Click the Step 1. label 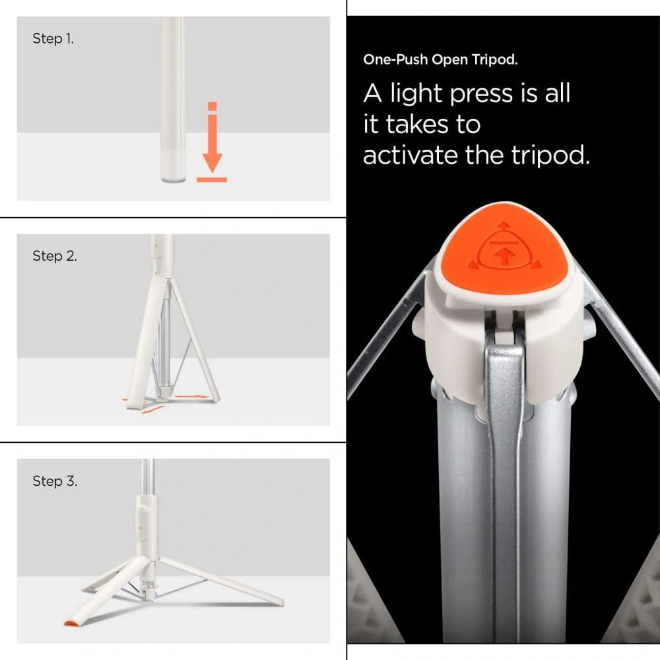[x=53, y=39]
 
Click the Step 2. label [x=54, y=256]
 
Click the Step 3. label [x=54, y=481]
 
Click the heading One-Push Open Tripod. [x=440, y=59]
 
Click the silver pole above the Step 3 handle [x=149, y=475]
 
